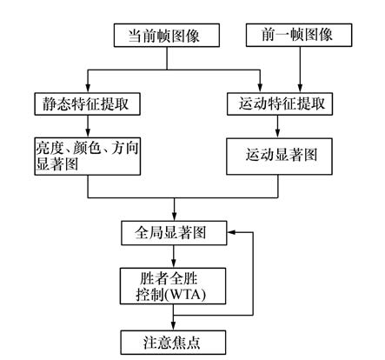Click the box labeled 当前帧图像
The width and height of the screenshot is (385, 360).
click(x=167, y=36)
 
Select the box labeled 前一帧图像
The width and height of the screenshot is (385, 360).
click(x=299, y=35)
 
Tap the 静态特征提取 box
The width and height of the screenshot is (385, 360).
click(x=87, y=104)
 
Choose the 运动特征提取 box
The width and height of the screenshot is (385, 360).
click(x=280, y=104)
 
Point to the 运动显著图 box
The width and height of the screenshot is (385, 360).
click(x=279, y=157)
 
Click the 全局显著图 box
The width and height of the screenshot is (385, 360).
click(x=174, y=233)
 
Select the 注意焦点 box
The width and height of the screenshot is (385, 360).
click(x=173, y=343)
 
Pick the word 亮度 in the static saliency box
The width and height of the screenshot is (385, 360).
click(x=50, y=148)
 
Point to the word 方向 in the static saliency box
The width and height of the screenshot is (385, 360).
click(x=124, y=148)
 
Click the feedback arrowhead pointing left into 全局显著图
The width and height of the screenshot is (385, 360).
click(x=232, y=232)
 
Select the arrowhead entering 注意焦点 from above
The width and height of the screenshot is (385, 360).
click(x=173, y=325)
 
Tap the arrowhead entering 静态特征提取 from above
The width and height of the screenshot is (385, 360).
click(x=88, y=88)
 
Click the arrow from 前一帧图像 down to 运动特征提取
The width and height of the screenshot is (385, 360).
click(x=300, y=70)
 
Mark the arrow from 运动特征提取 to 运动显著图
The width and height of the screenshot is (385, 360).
click(x=277, y=127)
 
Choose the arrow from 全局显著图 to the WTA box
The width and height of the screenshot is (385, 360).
click(x=174, y=257)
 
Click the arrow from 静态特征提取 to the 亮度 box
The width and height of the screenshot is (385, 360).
click(x=88, y=127)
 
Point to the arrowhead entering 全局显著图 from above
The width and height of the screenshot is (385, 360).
click(x=174, y=217)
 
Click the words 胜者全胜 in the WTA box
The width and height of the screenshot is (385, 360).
click(x=169, y=278)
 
